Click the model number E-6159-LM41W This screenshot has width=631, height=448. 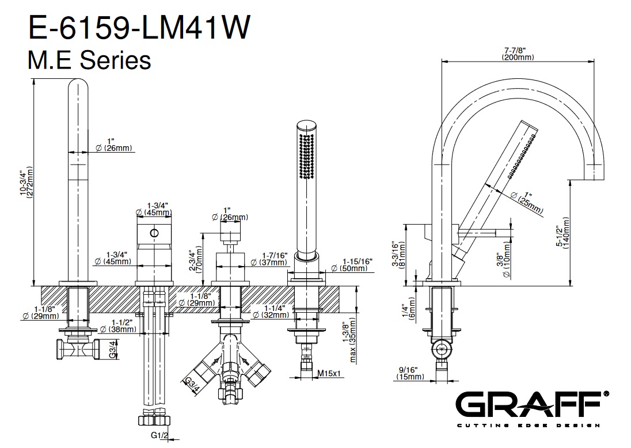[x=139, y=27]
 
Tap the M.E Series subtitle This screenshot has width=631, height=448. [x=89, y=60]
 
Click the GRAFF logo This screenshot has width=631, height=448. [x=532, y=408]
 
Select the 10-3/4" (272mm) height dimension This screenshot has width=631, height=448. [x=26, y=181]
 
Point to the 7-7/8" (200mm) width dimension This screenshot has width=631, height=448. [x=518, y=54]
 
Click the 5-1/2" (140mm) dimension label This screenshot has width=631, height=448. [x=562, y=233]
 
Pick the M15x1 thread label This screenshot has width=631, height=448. [x=329, y=374]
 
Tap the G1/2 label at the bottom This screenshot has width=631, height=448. [x=158, y=435]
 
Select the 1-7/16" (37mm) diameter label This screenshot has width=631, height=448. [x=269, y=259]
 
